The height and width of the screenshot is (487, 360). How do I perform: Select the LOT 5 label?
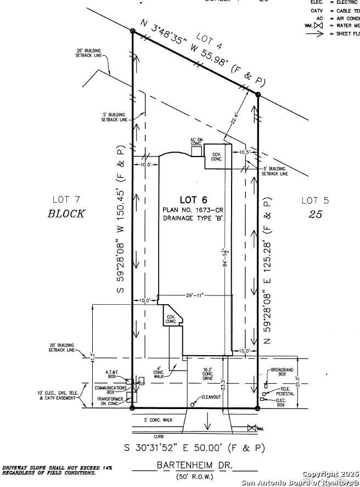click(x=315, y=200)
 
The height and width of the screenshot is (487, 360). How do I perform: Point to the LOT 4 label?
click(x=205, y=40)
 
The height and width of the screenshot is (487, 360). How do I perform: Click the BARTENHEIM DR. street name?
click(x=194, y=465)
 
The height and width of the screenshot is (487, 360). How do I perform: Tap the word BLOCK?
click(x=66, y=214)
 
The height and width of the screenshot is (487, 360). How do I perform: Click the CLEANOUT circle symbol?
click(x=193, y=405)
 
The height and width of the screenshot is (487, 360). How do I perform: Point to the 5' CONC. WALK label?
click(x=157, y=420)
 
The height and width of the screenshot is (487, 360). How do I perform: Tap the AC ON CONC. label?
click(x=196, y=142)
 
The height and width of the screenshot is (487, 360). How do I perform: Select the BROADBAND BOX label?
click(x=283, y=372)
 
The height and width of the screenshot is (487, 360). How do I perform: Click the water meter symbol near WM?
click(x=252, y=428)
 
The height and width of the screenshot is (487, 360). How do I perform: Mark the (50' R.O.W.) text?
click(x=195, y=477)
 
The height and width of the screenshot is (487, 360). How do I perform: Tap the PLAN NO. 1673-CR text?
click(x=194, y=210)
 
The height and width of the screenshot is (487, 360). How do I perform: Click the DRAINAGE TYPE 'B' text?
click(x=194, y=219)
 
